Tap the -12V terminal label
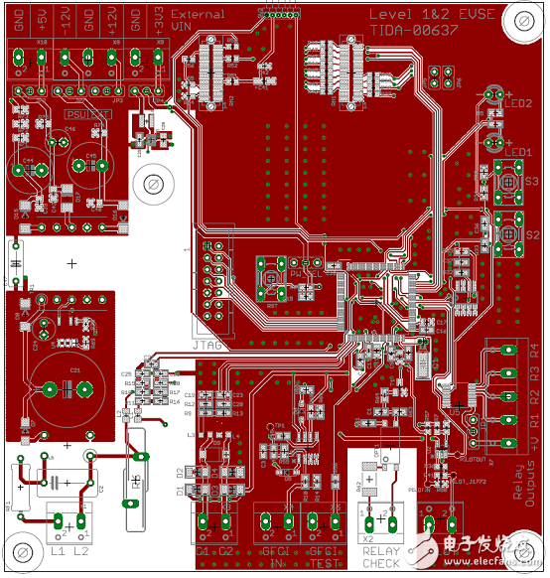click(x=66, y=23)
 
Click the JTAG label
click(x=207, y=345)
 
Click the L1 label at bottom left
click(x=57, y=550)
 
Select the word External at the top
click(x=198, y=15)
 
